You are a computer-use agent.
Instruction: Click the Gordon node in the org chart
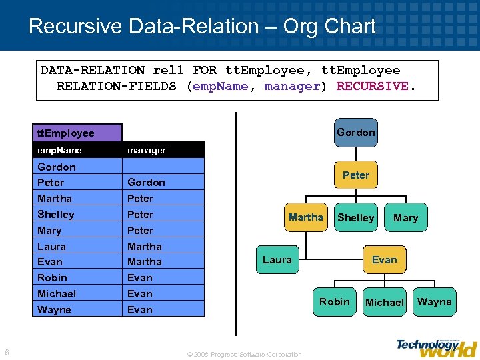[x=355, y=132]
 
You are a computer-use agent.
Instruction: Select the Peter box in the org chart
[x=355, y=175]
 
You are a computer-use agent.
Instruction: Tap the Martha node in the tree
[x=305, y=217]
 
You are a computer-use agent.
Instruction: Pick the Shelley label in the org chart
[x=355, y=218]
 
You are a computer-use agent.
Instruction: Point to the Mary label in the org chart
[x=405, y=218]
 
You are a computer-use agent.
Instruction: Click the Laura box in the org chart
[x=277, y=259]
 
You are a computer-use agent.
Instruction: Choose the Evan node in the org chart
[x=384, y=259]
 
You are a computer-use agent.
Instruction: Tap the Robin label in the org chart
[x=334, y=302]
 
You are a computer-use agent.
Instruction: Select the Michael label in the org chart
[x=384, y=303]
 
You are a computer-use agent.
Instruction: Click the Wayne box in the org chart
[x=434, y=302]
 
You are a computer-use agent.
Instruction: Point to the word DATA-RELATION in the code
[x=93, y=70]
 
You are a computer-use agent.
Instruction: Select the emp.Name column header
[x=60, y=150]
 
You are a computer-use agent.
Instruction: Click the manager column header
[x=147, y=150]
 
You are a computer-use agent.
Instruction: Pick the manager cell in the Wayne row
[x=140, y=309]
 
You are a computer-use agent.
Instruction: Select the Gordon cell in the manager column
[x=146, y=182]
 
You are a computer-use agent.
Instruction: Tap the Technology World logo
[x=437, y=347]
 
